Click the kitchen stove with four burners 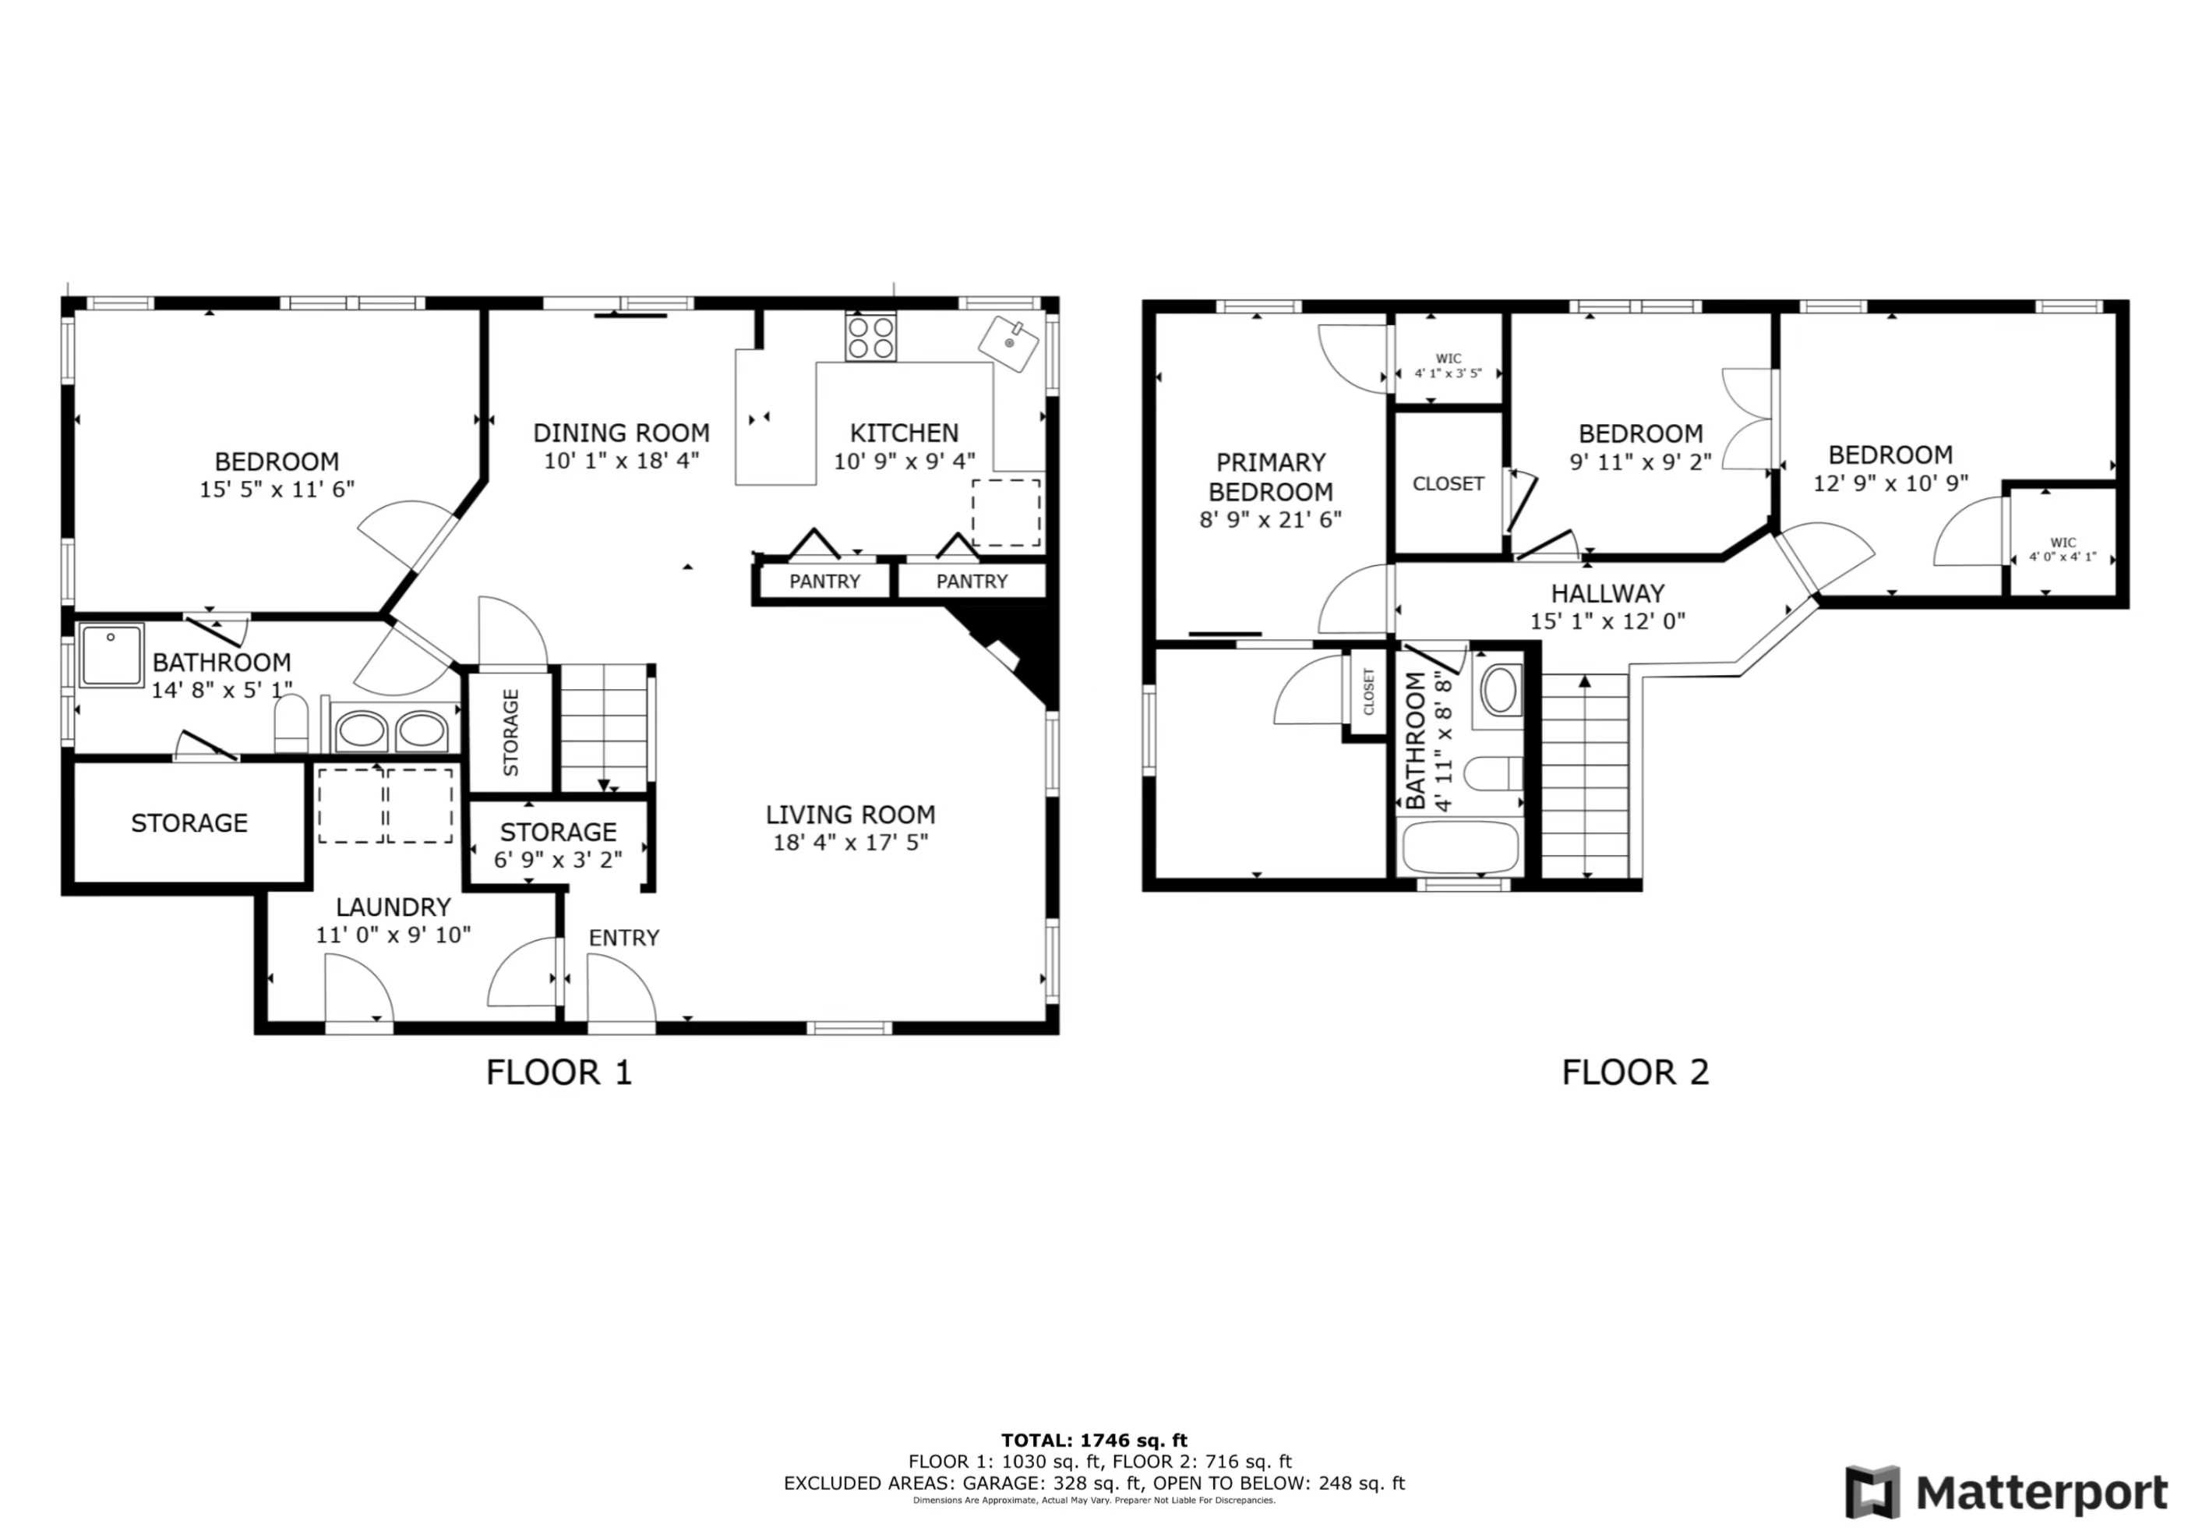pyautogui.click(x=871, y=337)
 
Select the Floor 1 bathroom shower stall pyautogui.click(x=111, y=655)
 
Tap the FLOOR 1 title pyautogui.click(x=559, y=1073)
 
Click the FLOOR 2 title pyautogui.click(x=1636, y=1073)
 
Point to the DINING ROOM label pyautogui.click(x=621, y=433)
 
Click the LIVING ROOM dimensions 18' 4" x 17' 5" pyautogui.click(x=850, y=843)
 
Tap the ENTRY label pyautogui.click(x=624, y=938)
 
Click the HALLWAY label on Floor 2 pyautogui.click(x=1607, y=593)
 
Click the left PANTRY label pyautogui.click(x=824, y=582)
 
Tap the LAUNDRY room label pyautogui.click(x=393, y=907)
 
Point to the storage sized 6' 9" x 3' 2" pyautogui.click(x=559, y=845)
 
